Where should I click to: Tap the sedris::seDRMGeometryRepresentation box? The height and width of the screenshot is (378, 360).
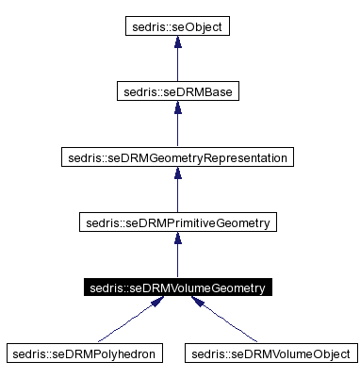coord(176,157)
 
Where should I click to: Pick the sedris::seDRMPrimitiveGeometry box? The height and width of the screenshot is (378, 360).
coord(176,222)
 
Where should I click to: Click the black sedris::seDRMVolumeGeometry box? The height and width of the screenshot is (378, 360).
coord(176,288)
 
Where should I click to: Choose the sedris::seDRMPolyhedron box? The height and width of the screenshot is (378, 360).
coord(84,353)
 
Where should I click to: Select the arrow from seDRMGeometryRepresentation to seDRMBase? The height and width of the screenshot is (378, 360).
coord(176,129)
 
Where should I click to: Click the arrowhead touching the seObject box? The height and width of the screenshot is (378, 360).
coord(176,44)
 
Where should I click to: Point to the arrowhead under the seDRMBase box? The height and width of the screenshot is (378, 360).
coord(176,109)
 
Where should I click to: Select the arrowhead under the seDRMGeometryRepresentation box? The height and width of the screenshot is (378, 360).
coord(176,175)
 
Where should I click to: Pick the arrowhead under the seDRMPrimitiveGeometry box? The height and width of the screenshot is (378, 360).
coord(176,240)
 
